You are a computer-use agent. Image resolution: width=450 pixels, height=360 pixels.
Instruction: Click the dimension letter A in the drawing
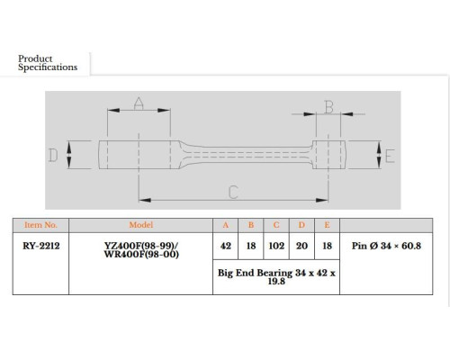tap(139, 103)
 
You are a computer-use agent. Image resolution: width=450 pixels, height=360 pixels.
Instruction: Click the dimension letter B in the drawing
tap(329, 107)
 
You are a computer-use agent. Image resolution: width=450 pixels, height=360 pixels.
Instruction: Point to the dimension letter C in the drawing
tap(233, 193)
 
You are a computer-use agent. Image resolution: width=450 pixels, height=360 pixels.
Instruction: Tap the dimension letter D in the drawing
tap(53, 156)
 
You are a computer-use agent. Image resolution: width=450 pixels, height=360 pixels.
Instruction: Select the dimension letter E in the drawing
tap(390, 156)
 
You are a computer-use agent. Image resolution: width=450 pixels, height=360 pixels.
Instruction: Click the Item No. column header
tap(40, 225)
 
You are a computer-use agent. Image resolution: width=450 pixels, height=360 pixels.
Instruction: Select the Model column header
tap(141, 225)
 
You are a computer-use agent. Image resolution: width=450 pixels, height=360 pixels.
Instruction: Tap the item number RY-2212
tap(41, 246)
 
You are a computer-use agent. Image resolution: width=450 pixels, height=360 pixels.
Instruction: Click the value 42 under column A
tap(226, 246)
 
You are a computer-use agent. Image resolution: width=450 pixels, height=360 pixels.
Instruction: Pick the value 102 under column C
tap(276, 246)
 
